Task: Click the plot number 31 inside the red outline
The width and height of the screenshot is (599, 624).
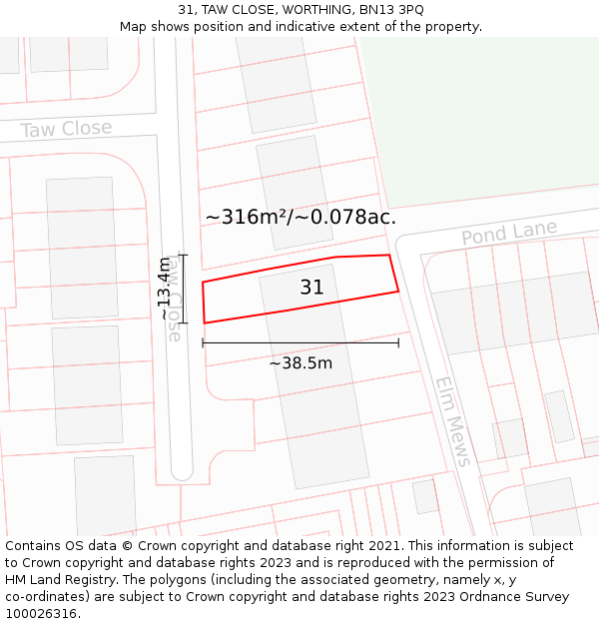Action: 311,288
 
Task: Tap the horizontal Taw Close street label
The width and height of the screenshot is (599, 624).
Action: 66,129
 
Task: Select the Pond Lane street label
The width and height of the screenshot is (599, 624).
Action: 508,234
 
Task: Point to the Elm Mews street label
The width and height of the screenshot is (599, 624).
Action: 452,421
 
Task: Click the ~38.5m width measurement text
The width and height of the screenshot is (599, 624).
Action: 300,363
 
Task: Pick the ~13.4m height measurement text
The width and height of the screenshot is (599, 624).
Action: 166,288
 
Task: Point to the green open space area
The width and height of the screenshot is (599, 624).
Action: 479,120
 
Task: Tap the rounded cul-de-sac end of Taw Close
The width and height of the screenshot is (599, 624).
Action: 181,469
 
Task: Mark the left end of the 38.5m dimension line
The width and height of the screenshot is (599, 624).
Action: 203,342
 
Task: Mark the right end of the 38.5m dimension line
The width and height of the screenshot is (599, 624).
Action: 398,342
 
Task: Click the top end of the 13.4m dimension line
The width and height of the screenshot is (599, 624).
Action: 184,255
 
